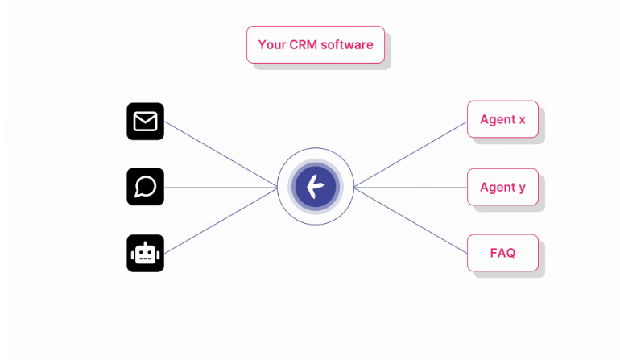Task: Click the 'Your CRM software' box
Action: click(315, 44)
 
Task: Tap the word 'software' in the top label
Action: click(347, 45)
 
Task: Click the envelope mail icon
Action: click(145, 122)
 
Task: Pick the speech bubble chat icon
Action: click(145, 187)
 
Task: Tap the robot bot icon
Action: click(145, 254)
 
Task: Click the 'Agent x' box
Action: click(502, 119)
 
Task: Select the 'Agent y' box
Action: click(502, 187)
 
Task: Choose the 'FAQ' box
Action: click(502, 253)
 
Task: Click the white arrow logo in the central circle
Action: click(315, 187)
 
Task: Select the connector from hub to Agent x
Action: click(411, 154)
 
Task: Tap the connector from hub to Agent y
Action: click(411, 188)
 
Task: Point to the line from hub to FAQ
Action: click(411, 219)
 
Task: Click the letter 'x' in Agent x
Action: click(522, 120)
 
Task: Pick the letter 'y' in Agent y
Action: click(522, 188)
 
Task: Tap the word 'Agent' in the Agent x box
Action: click(497, 120)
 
